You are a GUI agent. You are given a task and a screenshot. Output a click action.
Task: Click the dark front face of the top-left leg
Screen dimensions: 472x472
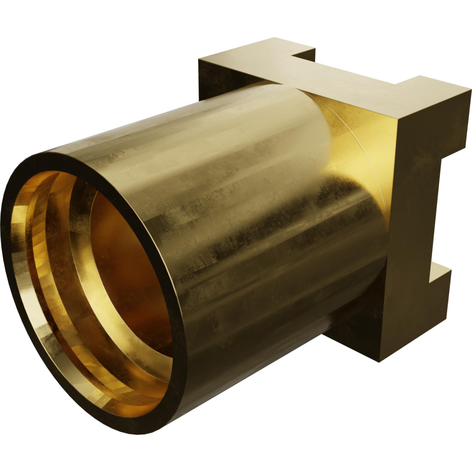(x=213, y=78)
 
